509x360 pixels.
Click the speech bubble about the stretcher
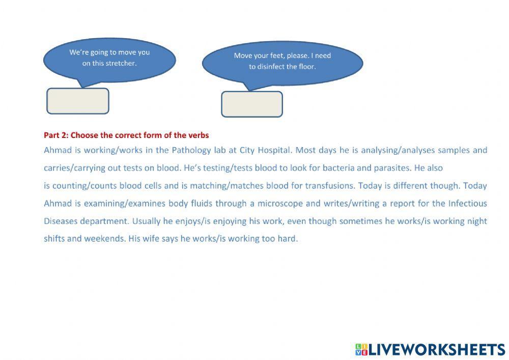[x=109, y=58]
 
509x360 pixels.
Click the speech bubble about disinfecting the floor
[x=282, y=62]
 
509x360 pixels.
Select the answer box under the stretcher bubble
[x=78, y=101]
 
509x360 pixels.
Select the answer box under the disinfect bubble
[x=252, y=104]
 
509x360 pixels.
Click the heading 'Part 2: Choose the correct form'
[x=126, y=135]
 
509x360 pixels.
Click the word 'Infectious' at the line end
[x=467, y=204]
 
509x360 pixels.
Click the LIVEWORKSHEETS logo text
[x=436, y=349]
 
